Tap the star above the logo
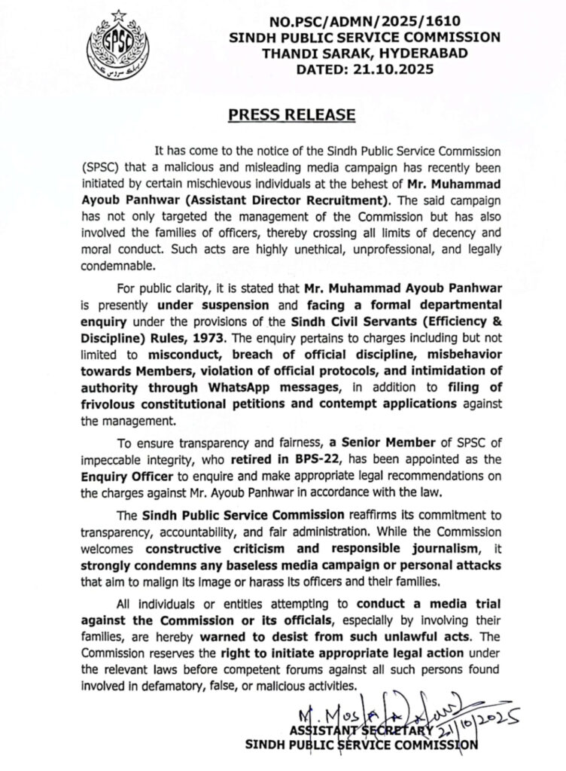117,15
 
